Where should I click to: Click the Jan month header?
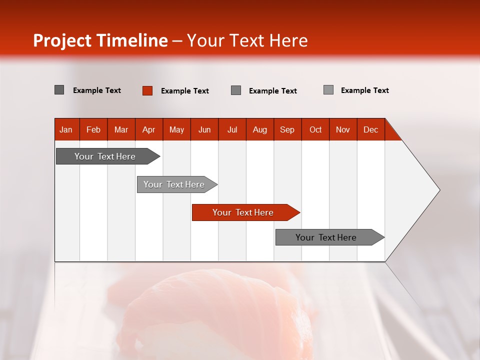click(x=66, y=129)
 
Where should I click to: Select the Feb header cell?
click(x=93, y=129)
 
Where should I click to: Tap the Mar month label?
click(x=121, y=129)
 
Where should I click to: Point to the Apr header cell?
click(x=148, y=129)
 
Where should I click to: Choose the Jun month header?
click(x=204, y=129)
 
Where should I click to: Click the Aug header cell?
click(x=259, y=129)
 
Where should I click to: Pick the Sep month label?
click(x=287, y=129)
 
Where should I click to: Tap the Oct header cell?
click(x=315, y=129)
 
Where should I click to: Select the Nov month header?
click(x=343, y=129)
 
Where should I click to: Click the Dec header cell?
click(x=370, y=129)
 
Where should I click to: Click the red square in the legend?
click(x=147, y=90)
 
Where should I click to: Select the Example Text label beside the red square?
click(x=184, y=91)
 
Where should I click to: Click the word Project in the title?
click(x=62, y=40)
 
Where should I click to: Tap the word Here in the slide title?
click(x=288, y=40)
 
